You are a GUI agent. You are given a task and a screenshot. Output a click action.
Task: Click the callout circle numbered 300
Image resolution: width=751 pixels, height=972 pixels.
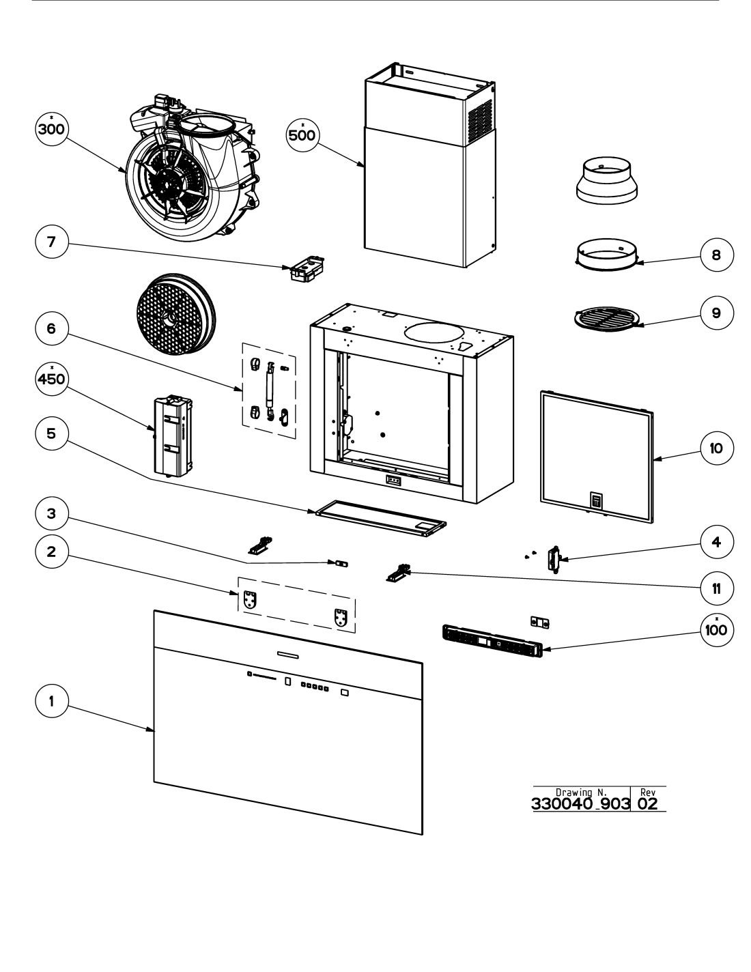[x=51, y=129]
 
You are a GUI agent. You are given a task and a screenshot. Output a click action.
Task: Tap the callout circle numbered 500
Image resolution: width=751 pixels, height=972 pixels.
[x=302, y=134]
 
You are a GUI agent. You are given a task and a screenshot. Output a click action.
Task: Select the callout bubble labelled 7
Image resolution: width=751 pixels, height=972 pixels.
[x=51, y=242]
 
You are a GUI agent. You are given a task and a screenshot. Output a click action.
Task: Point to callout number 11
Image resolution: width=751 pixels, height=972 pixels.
[x=717, y=588]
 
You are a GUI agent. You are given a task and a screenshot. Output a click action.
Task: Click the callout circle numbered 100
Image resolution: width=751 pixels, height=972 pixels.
[x=717, y=630]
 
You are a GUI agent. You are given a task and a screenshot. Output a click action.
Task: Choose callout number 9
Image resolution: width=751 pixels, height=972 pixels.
[x=717, y=313]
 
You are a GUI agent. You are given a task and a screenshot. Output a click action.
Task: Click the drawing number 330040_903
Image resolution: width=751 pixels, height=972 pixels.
[x=580, y=804]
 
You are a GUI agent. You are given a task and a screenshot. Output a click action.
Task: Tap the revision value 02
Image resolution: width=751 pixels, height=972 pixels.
[x=648, y=804]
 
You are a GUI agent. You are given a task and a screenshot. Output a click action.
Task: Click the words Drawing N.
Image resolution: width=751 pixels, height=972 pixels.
[x=581, y=792]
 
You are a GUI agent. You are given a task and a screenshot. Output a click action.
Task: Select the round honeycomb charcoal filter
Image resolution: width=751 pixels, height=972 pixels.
[x=175, y=314]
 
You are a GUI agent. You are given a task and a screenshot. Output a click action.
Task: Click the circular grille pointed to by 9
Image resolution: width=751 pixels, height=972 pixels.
[x=607, y=319]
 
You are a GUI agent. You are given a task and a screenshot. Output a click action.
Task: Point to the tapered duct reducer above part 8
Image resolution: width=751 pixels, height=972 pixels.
[x=607, y=180]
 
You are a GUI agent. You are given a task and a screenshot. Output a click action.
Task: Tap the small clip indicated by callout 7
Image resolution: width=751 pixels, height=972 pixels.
[x=307, y=268]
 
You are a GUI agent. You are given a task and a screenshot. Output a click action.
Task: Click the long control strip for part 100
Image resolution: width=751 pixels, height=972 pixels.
[x=492, y=641]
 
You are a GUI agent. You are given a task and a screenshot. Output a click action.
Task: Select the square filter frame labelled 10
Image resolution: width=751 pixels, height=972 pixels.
[x=597, y=457]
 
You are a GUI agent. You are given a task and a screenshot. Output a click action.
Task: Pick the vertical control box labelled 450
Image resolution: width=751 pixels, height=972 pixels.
[x=173, y=435]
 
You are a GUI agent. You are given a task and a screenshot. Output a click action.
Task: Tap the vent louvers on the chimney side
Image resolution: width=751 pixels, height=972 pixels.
[x=480, y=118]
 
